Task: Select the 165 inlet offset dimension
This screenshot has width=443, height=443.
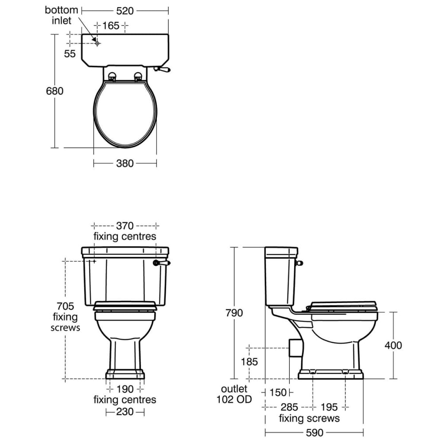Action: pyautogui.click(x=111, y=26)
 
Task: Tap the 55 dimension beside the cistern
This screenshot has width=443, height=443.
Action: pyautogui.click(x=70, y=54)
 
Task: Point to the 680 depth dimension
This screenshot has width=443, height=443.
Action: pyautogui.click(x=55, y=91)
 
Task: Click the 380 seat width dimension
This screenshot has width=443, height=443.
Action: pyautogui.click(x=124, y=163)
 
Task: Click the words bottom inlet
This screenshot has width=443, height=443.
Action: pyautogui.click(x=61, y=15)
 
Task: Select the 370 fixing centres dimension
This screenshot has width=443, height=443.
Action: pyautogui.click(x=124, y=226)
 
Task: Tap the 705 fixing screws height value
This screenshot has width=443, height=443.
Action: pyautogui.click(x=65, y=306)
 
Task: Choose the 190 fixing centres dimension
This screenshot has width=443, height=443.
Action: pyautogui.click(x=124, y=389)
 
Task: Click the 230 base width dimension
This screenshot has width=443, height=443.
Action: pyautogui.click(x=124, y=412)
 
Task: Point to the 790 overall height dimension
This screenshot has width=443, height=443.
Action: pyautogui.click(x=234, y=313)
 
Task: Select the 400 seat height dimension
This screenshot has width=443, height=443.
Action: pyautogui.click(x=393, y=345)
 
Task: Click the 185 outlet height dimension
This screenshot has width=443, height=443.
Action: pyautogui.click(x=249, y=362)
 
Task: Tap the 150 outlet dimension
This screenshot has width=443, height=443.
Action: pyautogui.click(x=278, y=392)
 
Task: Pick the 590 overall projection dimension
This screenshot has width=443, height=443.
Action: pyautogui.click(x=314, y=432)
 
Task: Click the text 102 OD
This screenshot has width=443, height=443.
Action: pyautogui.click(x=234, y=400)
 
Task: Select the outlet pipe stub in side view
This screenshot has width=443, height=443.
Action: pyautogui.click(x=294, y=347)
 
